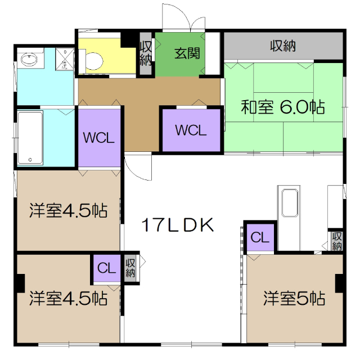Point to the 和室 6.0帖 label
[283, 106]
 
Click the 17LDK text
[177, 226]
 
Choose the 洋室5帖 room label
[294, 298]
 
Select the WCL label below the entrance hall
[191, 130]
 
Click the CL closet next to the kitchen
[260, 237]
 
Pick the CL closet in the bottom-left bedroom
[106, 268]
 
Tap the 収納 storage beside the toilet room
[146, 54]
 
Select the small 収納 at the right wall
[337, 241]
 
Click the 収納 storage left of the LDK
[130, 268]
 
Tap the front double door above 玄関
[182, 19]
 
